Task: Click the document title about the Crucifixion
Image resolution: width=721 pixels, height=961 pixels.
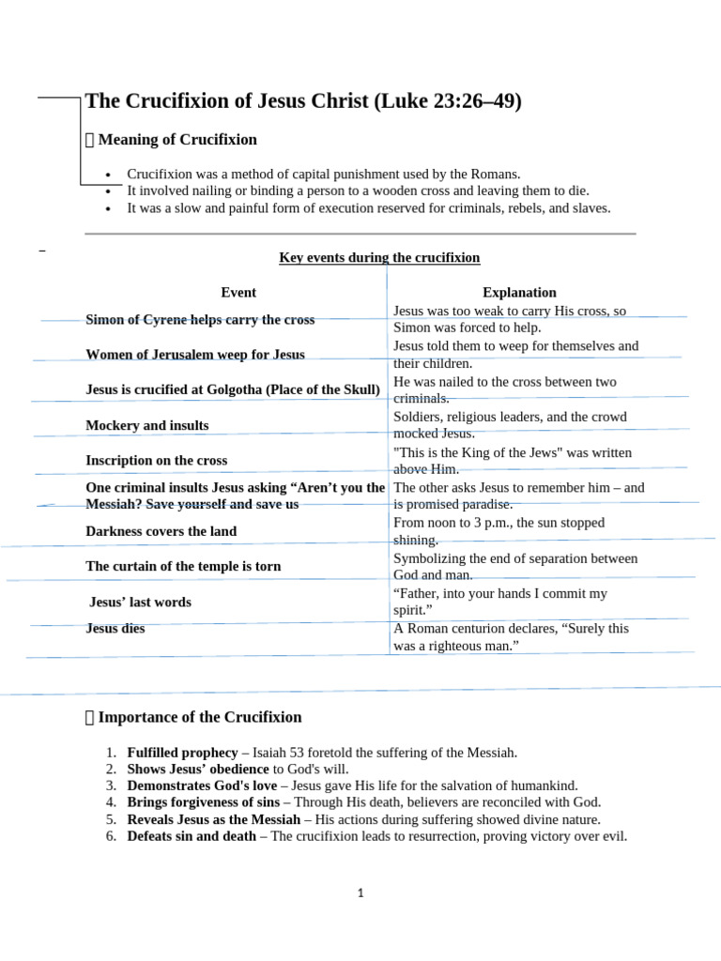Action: tap(302, 101)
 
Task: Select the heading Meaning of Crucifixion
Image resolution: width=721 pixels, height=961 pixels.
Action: tap(176, 140)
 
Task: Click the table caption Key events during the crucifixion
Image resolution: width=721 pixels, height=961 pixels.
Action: tap(379, 258)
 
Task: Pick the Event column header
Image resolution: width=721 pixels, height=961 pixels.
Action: tap(238, 293)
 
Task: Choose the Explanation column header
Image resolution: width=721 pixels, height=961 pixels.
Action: tap(519, 293)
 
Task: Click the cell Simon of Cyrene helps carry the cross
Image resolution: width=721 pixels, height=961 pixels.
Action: tap(200, 320)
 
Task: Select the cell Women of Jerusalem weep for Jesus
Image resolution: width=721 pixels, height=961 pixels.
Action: tap(194, 355)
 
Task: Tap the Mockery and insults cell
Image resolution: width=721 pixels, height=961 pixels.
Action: tap(147, 426)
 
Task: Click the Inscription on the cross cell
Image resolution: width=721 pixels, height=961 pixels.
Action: tap(156, 461)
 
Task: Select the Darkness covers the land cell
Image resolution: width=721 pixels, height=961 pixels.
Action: tap(161, 531)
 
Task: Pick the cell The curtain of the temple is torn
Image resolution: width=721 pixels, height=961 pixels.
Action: tap(183, 567)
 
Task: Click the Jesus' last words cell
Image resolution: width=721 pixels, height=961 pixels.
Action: tap(140, 603)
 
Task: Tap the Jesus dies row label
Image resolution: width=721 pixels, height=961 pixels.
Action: tap(115, 629)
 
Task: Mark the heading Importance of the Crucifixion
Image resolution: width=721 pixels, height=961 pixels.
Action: tap(199, 718)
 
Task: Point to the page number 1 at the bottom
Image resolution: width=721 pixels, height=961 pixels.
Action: tap(360, 894)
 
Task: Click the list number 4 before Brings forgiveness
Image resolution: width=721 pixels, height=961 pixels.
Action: tap(110, 802)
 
